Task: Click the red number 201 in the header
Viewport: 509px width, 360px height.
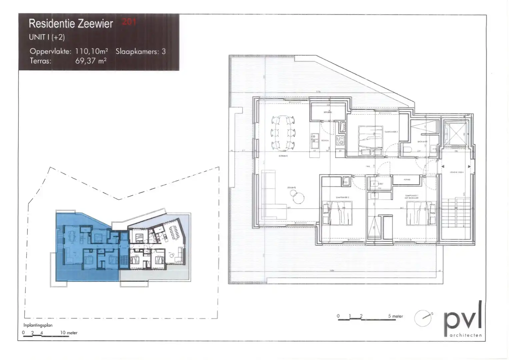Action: pyautogui.click(x=129, y=22)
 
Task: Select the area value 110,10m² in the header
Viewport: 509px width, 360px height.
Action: pyautogui.click(x=91, y=51)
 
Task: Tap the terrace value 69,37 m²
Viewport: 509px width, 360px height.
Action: pyautogui.click(x=91, y=61)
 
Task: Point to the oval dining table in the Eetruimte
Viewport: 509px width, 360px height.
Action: pyautogui.click(x=283, y=132)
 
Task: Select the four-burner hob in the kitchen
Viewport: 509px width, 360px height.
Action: pyautogui.click(x=340, y=141)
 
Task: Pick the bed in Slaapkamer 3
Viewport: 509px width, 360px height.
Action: pyautogui.click(x=370, y=140)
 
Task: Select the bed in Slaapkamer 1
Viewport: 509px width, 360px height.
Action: pyautogui.click(x=421, y=213)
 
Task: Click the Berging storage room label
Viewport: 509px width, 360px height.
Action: pyautogui.click(x=327, y=112)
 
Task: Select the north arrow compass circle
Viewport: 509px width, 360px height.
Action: pyautogui.click(x=423, y=318)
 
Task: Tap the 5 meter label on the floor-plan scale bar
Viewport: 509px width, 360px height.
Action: pyautogui.click(x=395, y=316)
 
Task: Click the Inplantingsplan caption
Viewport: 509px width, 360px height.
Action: pyautogui.click(x=38, y=325)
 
